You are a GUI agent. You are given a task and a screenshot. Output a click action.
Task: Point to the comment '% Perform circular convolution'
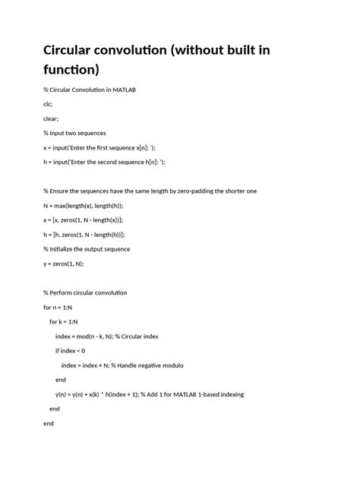coord(86,292)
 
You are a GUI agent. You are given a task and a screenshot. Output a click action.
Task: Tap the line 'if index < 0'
coord(71,350)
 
